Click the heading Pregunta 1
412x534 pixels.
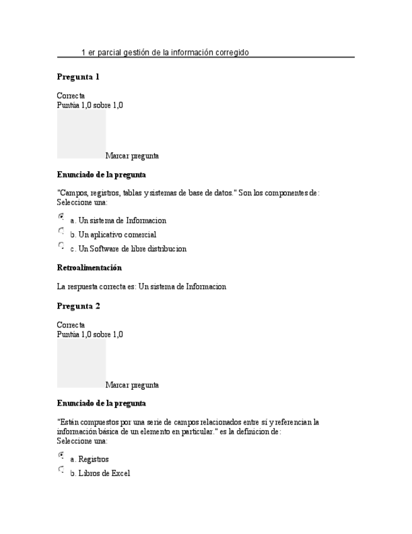click(78, 77)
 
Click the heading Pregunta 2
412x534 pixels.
click(78, 306)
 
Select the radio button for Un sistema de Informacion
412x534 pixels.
click(61, 216)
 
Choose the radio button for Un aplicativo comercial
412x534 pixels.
click(61, 230)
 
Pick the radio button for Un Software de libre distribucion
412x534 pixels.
click(61, 244)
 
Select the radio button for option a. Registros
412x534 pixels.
click(61, 455)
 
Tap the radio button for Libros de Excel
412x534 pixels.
click(61, 469)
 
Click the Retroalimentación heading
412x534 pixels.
click(89, 268)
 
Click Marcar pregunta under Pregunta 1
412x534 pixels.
click(132, 156)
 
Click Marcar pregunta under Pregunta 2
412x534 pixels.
click(132, 385)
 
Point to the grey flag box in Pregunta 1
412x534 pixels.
click(81, 134)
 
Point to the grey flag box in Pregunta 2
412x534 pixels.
click(81, 363)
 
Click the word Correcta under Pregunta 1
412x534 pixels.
click(70, 96)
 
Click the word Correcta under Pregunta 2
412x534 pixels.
click(70, 325)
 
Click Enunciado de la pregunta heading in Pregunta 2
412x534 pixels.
click(101, 403)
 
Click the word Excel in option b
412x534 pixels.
click(120, 474)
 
